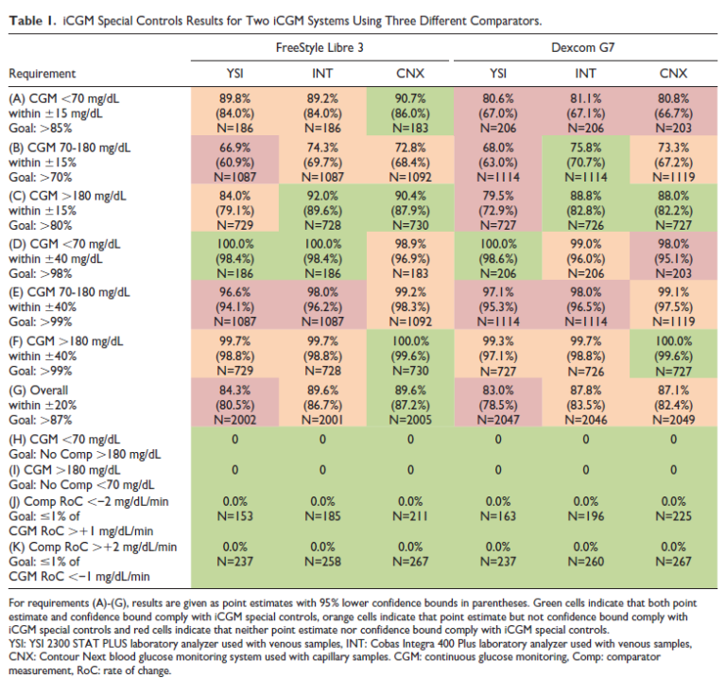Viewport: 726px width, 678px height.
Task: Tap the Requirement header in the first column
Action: point(43,73)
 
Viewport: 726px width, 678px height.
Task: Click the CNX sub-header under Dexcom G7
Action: point(673,73)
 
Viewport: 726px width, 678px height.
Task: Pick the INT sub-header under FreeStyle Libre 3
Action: point(321,73)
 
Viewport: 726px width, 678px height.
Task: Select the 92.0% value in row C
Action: point(321,198)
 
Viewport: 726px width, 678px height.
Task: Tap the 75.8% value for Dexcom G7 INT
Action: point(584,148)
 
